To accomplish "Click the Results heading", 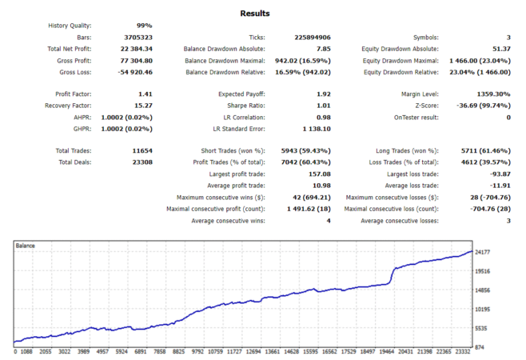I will pos(254,14).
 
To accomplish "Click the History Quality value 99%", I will pos(143,26).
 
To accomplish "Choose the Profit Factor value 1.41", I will pos(145,94).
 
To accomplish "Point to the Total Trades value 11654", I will pos(141,150).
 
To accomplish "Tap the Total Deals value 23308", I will pos(141,162).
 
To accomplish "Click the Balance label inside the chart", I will pos(25,246).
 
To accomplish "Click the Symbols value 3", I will pos(508,38).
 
